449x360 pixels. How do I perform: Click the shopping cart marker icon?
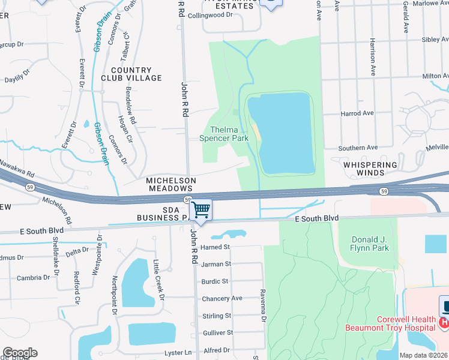(200, 210)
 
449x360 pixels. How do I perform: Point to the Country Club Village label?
(136, 74)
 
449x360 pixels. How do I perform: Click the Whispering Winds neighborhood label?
(370, 169)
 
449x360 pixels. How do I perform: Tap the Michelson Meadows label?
(171, 184)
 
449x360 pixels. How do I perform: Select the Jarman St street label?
(216, 264)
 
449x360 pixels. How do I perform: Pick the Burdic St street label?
(215, 281)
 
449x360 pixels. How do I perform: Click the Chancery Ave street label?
(221, 298)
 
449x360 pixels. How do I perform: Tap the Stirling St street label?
(216, 316)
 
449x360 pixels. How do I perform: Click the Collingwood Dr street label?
(209, 15)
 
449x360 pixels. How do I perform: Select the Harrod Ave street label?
(356, 113)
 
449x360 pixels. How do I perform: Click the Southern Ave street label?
(358, 148)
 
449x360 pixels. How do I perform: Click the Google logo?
(20, 353)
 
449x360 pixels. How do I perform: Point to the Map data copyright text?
(424, 355)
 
